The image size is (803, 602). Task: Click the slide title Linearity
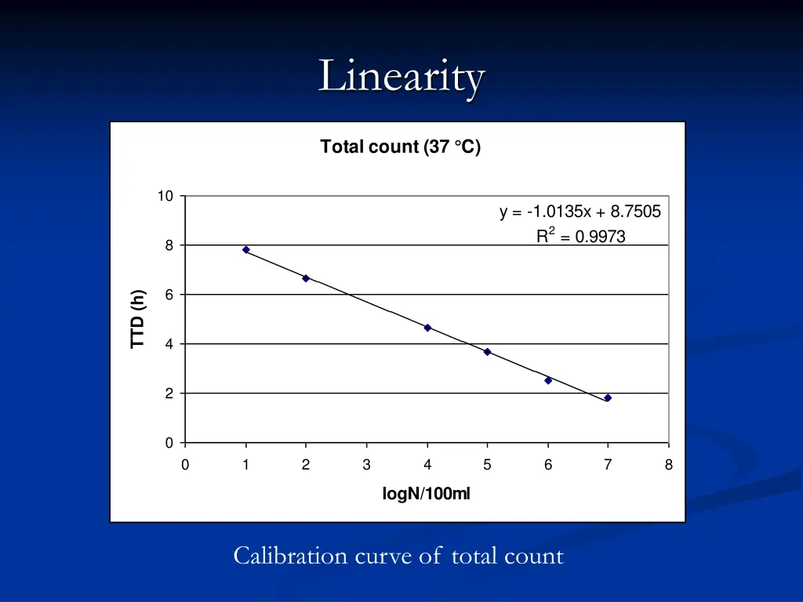[401, 78]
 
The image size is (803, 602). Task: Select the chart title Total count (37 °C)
[400, 147]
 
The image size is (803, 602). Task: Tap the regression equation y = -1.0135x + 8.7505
[580, 212]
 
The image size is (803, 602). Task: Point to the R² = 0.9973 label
[580, 236]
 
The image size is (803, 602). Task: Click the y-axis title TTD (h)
[139, 318]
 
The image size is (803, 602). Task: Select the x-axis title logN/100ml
[426, 493]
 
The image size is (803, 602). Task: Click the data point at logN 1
[245, 249]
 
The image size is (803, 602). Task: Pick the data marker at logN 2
[306, 278]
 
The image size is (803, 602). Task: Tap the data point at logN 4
[427, 328]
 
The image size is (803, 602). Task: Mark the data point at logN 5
[487, 352]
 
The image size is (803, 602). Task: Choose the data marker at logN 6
[548, 380]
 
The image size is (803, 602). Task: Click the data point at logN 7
[608, 398]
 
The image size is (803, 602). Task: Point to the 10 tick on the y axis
[165, 196]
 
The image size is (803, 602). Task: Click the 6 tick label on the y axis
[169, 295]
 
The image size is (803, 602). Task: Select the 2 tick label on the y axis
[169, 393]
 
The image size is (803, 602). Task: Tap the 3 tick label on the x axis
[366, 465]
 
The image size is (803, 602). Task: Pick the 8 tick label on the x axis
[668, 465]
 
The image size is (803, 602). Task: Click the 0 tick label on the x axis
[185, 465]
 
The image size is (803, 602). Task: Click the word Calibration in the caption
[290, 557]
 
